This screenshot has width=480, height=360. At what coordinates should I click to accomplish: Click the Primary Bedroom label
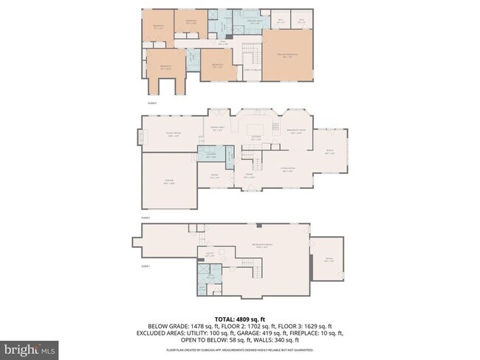(287, 55)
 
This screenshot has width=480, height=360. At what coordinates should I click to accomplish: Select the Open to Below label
(253, 71)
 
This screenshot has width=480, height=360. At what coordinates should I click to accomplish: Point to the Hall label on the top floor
(210, 43)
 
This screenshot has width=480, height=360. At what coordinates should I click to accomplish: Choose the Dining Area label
(218, 128)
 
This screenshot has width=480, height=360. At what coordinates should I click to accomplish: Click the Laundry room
(210, 155)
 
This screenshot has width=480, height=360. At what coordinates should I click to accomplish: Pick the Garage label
(168, 181)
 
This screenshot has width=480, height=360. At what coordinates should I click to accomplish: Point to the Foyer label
(249, 176)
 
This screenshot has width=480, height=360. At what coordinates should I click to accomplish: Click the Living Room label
(287, 170)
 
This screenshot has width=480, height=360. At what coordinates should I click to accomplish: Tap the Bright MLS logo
(30, 347)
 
